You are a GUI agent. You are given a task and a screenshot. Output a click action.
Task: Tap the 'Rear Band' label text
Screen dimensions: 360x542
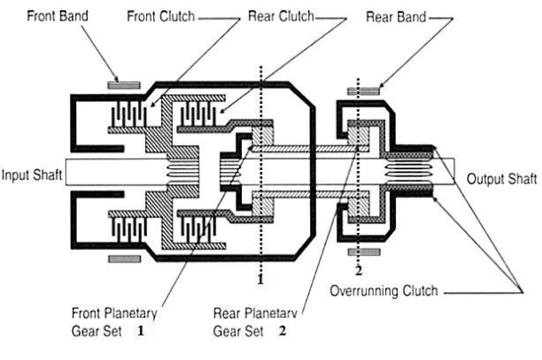pyautogui.click(x=395, y=17)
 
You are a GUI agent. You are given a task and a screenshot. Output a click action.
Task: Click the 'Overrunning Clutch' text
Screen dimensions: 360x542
pyautogui.click(x=384, y=291)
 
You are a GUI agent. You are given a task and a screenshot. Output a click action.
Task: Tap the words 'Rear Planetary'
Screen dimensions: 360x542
pyautogui.click(x=255, y=313)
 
